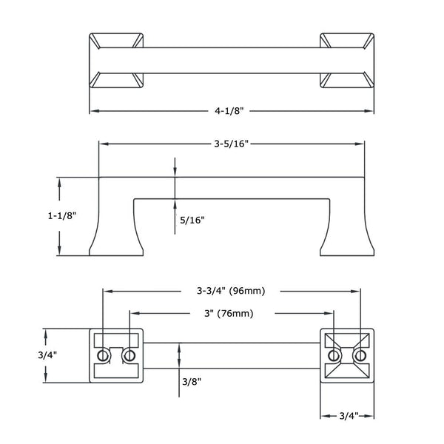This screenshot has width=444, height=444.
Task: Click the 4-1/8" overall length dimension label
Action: [229, 110]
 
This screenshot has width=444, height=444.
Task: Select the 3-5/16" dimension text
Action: [231, 144]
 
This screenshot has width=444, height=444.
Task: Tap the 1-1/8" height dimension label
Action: [62, 216]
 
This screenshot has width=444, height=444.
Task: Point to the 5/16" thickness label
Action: [192, 220]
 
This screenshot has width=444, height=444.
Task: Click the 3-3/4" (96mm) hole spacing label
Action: [231, 291]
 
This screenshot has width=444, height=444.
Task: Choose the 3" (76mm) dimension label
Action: [229, 314]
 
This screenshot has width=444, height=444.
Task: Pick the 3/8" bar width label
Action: [192, 382]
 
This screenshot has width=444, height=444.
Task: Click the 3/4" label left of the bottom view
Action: [47, 355]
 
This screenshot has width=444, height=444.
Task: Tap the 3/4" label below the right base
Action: [349, 416]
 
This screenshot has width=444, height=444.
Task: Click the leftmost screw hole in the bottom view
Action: [103, 355]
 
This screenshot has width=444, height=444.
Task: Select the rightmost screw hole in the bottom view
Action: [360, 355]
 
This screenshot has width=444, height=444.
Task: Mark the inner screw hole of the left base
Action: [129, 355]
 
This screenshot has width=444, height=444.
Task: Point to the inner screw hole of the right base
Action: [334, 355]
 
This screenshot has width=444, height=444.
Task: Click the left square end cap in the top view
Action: [116, 61]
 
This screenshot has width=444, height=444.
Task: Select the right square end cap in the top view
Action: [347, 61]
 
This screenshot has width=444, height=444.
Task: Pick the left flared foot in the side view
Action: [116, 217]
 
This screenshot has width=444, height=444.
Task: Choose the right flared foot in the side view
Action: [347, 217]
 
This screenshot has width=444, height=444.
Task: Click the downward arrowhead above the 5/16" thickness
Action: [175, 172]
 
